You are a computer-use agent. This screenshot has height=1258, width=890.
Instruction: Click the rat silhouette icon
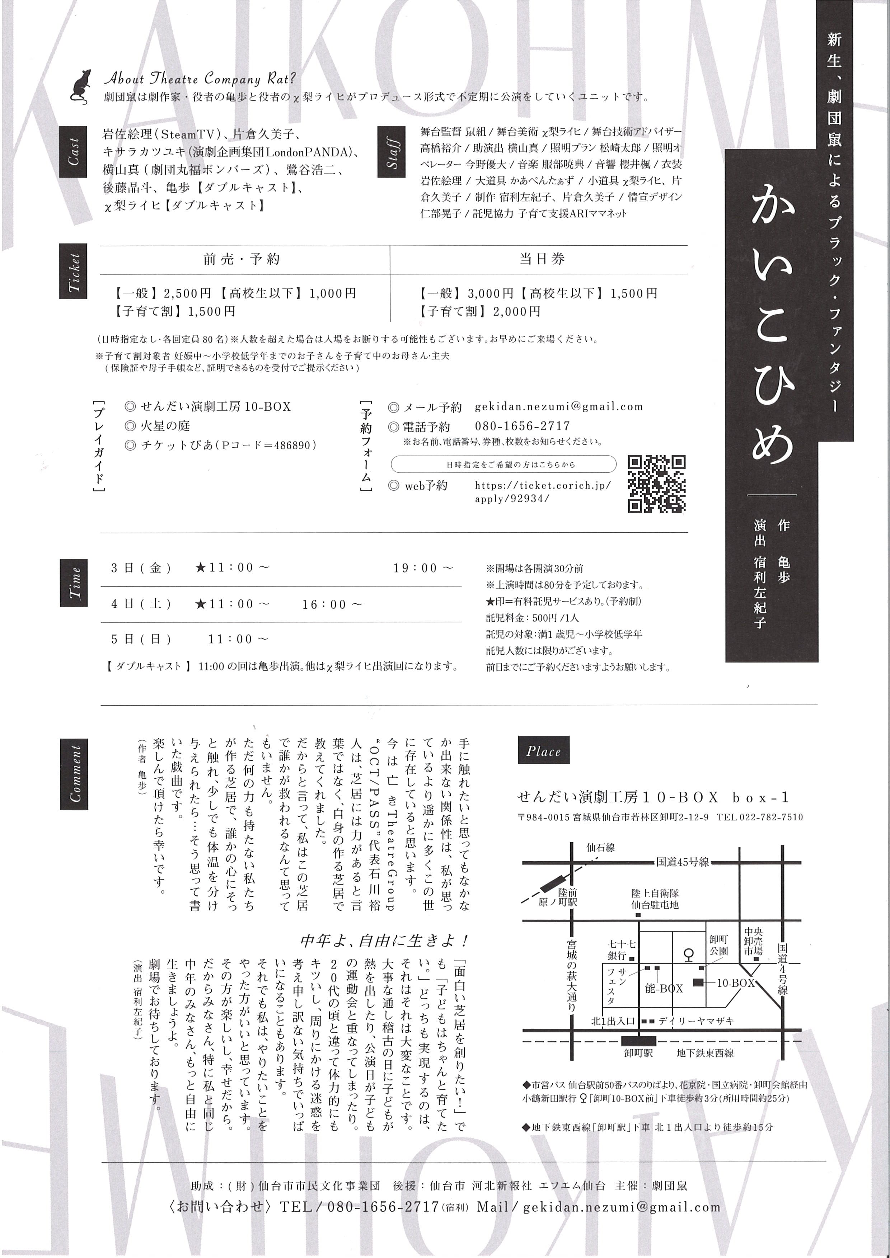click(80, 86)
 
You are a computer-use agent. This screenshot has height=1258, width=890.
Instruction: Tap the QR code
click(656, 484)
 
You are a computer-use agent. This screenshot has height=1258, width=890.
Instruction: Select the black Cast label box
click(73, 152)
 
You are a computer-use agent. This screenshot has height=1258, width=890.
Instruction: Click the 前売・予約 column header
click(242, 259)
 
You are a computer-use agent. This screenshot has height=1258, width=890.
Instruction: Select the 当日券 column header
click(542, 259)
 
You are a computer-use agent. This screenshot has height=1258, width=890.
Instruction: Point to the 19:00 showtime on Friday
click(423, 568)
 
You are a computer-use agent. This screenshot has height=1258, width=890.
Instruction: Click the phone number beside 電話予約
click(522, 426)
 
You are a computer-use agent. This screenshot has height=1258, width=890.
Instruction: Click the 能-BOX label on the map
click(664, 989)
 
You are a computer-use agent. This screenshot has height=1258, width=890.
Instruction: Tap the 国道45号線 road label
click(682, 862)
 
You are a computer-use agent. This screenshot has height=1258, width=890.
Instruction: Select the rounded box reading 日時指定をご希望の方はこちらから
click(503, 464)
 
